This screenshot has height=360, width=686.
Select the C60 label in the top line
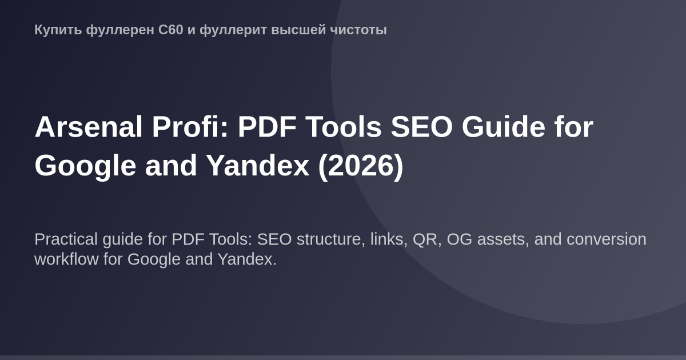[171, 30]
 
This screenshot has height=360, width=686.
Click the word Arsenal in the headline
[89, 127]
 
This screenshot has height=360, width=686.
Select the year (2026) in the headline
[361, 166]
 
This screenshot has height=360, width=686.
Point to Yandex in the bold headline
[258, 166]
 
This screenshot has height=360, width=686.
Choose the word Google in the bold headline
[85, 166]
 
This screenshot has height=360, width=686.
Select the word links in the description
[389, 239]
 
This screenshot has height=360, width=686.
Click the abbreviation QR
[425, 239]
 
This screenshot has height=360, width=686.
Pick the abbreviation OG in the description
[460, 239]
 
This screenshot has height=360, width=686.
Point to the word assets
[501, 239]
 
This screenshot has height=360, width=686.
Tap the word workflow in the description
[66, 259]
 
